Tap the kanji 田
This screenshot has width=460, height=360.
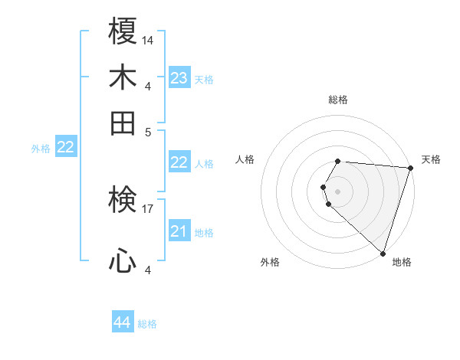coord(123,123)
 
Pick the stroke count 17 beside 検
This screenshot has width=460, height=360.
coord(148,208)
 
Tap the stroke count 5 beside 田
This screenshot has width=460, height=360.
coord(148,131)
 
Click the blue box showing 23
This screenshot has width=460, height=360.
coord(179,78)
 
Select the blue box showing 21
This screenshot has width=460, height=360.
coord(179,231)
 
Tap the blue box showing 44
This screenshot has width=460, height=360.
coord(122,322)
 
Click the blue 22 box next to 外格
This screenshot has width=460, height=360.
coord(65,147)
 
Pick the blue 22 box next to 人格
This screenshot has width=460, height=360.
coord(179,162)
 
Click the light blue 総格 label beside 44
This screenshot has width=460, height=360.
coord(147,324)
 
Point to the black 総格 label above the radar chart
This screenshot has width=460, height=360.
coord(338,100)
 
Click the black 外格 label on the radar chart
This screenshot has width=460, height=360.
coord(270,263)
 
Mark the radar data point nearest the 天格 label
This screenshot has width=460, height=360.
coord(409,169)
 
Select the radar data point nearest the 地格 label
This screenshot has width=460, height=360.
coord(383,253)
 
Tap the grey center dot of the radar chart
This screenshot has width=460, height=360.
coord(338,190)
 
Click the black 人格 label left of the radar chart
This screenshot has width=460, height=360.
coord(245,159)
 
